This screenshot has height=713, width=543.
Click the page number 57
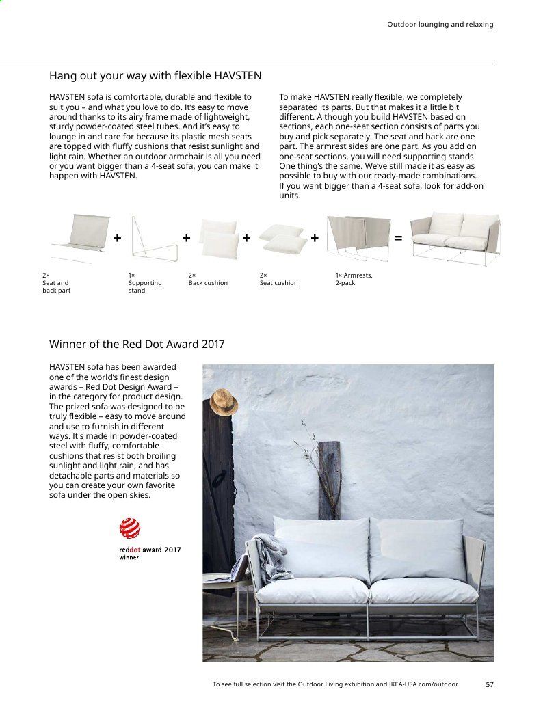click(x=489, y=684)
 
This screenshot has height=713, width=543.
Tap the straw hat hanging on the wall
click(x=223, y=402)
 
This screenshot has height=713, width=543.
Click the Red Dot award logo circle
click(x=130, y=528)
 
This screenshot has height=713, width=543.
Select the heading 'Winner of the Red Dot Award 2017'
click(x=137, y=344)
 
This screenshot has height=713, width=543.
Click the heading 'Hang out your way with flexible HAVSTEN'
click(x=155, y=75)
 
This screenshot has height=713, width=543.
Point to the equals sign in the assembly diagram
click(x=398, y=238)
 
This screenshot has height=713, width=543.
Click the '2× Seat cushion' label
click(x=278, y=279)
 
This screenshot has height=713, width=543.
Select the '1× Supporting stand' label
click(x=145, y=283)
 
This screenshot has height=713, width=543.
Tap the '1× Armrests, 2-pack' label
click(x=354, y=279)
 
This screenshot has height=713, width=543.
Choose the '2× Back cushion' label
click(x=208, y=279)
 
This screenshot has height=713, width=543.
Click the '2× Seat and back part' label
click(x=56, y=283)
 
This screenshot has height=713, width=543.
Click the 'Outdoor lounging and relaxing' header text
click(x=440, y=25)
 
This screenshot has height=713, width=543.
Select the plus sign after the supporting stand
click(x=186, y=238)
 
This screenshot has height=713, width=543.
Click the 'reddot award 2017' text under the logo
click(x=150, y=550)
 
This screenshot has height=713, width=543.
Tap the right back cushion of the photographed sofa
click(x=416, y=550)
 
